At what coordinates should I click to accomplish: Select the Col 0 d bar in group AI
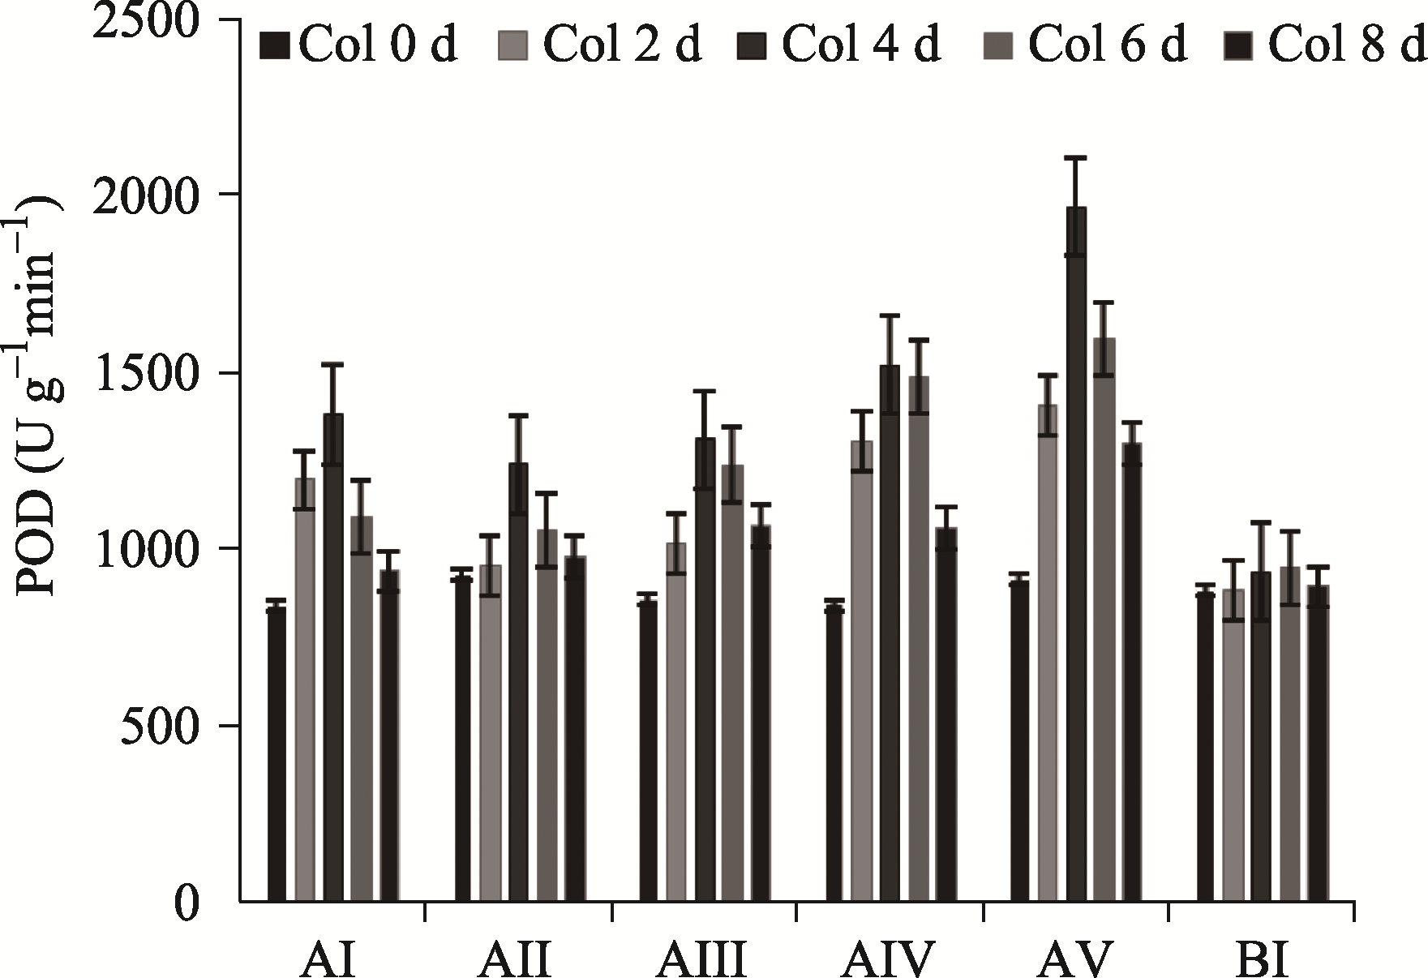tap(277, 753)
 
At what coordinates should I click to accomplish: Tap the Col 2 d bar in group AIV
tap(861, 671)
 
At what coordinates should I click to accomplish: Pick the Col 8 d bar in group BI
tap(1319, 743)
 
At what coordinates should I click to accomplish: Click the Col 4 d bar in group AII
tap(518, 682)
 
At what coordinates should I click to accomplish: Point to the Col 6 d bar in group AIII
tap(732, 683)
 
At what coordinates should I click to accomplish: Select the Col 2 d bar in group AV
tap(1048, 653)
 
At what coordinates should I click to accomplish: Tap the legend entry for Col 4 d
tap(840, 45)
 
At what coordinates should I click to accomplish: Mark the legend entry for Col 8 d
tap(1325, 45)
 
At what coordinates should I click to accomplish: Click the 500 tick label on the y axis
tap(160, 725)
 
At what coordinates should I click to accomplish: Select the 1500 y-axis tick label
tap(146, 373)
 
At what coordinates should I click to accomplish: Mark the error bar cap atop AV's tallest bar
tap(1076, 157)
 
